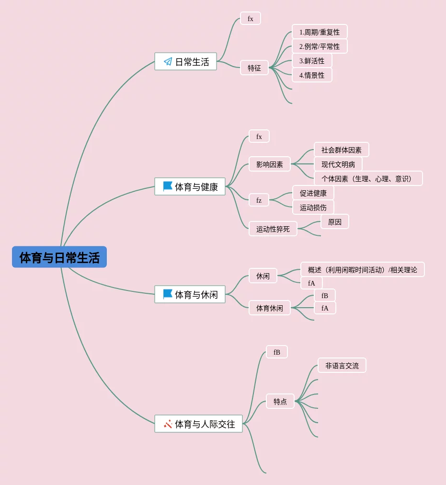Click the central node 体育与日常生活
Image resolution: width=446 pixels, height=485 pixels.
pyautogui.click(x=59, y=257)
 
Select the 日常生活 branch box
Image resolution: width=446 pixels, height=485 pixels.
pyautogui.click(x=185, y=61)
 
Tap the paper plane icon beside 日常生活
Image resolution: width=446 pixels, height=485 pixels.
pyautogui.click(x=168, y=61)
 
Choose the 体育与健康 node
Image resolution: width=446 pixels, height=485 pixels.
pyautogui.click(x=190, y=186)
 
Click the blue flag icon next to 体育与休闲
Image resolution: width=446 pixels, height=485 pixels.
pyautogui.click(x=168, y=294)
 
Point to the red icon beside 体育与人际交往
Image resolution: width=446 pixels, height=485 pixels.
pyautogui.click(x=168, y=424)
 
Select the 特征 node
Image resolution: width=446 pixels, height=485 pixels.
pyautogui.click(x=254, y=68)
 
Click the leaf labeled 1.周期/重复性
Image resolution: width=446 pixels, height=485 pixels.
pyautogui.click(x=320, y=32)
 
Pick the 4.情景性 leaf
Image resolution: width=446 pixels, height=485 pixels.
pyautogui.click(x=312, y=75)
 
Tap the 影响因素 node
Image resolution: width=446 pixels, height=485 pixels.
pyautogui.click(x=270, y=164)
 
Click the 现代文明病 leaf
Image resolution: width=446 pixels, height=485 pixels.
pyautogui.click(x=338, y=164)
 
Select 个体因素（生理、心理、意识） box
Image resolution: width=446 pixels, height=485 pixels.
pyautogui.click(x=368, y=179)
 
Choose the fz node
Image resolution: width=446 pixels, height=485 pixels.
pyautogui.click(x=259, y=200)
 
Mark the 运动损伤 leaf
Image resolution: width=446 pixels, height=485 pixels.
pyautogui.click(x=313, y=208)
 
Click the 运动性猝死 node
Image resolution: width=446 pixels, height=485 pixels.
pyautogui.click(x=273, y=229)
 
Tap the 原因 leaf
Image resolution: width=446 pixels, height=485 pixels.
pyautogui.click(x=335, y=222)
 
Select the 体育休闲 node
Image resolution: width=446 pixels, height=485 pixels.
pyautogui.click(x=270, y=308)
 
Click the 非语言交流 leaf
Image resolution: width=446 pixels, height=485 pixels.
pyautogui.click(x=342, y=366)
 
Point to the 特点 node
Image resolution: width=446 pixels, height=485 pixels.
pyautogui.click(x=280, y=402)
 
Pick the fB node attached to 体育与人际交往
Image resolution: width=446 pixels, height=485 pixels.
pyautogui.click(x=277, y=352)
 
